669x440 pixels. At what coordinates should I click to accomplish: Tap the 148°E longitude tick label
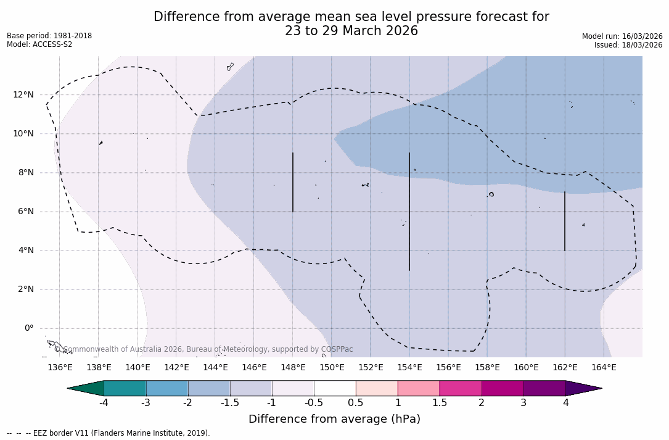(293, 368)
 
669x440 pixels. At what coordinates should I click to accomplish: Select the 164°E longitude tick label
(604, 368)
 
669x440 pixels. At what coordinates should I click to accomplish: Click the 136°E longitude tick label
(60, 368)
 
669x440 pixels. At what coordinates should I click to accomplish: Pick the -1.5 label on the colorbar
(230, 403)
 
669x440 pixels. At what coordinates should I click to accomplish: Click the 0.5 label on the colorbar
(356, 403)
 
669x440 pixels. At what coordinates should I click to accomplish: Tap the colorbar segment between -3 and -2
(167, 388)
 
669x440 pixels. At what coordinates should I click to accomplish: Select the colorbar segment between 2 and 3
(503, 388)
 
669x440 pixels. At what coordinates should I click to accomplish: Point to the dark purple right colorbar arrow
(582, 388)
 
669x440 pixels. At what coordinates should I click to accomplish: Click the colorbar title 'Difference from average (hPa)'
(334, 420)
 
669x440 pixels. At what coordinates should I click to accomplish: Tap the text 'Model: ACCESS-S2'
(39, 44)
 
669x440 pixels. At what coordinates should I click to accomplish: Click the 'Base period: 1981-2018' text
(49, 36)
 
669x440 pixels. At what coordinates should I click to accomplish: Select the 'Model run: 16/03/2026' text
(622, 36)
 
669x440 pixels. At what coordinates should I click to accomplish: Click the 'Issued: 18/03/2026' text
(628, 45)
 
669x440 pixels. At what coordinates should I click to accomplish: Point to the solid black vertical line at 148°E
(293, 182)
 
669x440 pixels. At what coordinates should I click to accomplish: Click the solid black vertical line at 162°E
(565, 221)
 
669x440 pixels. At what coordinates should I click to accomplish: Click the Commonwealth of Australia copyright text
(204, 349)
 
